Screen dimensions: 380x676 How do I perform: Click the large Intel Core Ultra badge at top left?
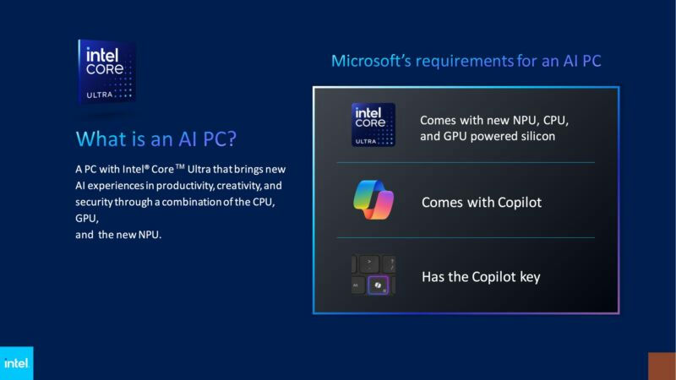pos(106,71)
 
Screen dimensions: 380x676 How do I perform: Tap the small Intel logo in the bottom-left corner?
pos(16,363)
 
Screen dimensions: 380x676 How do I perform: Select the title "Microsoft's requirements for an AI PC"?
pos(466,61)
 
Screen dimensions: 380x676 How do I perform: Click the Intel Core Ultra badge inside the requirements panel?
pos(373,125)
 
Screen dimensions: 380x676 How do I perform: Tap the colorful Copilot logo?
pos(373,201)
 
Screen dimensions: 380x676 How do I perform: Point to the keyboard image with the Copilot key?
pos(373,275)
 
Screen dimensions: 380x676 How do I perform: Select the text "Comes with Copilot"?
pos(482,203)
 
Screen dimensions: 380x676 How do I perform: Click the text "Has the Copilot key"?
pos(481,277)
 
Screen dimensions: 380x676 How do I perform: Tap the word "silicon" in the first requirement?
pos(534,135)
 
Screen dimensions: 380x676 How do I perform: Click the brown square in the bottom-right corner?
pos(662,366)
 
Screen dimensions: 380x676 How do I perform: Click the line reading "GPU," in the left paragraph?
pos(85,218)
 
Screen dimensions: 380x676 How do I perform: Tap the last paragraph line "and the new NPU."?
pos(117,234)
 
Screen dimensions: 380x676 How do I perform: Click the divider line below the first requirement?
pos(466,163)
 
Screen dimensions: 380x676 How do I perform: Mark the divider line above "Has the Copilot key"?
pos(466,238)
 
